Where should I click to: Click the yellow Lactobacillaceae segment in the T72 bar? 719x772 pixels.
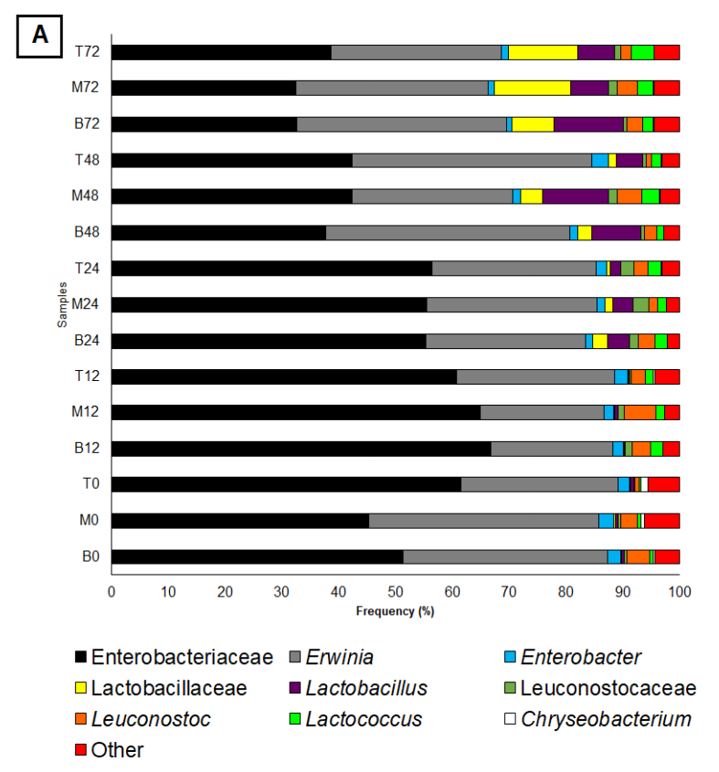click(543, 52)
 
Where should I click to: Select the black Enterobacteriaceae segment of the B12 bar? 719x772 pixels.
click(301, 449)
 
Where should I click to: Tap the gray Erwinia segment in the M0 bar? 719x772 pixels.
click(483, 521)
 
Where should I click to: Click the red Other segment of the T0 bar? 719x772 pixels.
click(663, 484)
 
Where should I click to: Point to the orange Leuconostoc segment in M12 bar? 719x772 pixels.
click(640, 413)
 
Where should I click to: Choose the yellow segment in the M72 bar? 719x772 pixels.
click(533, 88)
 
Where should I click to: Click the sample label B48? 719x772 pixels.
click(88, 232)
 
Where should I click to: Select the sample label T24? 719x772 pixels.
click(88, 269)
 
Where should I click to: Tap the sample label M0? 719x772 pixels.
click(90, 521)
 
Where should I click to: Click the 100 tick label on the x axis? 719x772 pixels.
click(679, 591)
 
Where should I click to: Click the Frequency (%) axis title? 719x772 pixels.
click(395, 611)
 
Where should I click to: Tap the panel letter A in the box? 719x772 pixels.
click(40, 35)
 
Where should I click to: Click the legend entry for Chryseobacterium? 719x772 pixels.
click(605, 719)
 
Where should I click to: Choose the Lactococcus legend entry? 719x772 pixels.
click(364, 719)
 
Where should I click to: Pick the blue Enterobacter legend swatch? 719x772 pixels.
click(511, 658)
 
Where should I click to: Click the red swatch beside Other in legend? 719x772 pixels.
click(81, 751)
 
